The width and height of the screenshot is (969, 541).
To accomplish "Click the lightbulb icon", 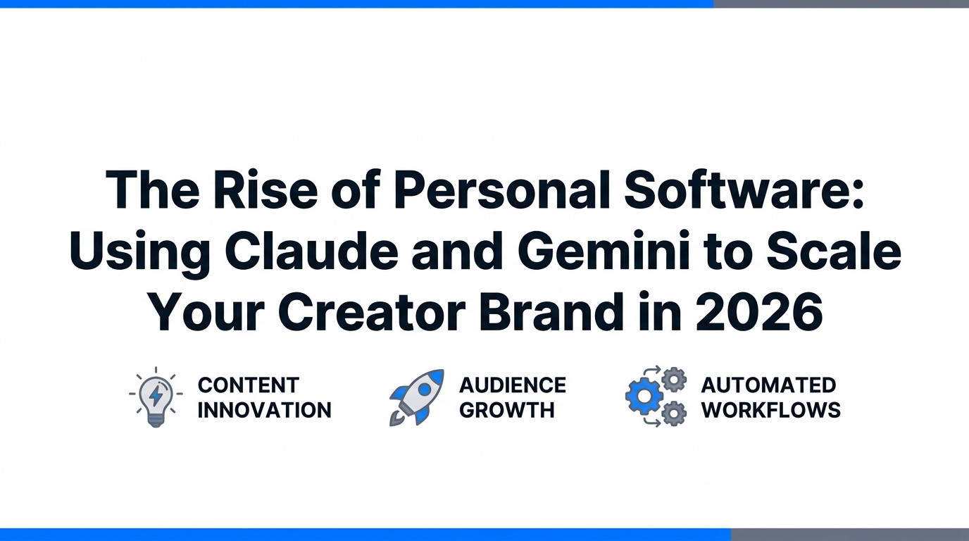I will coord(156,397).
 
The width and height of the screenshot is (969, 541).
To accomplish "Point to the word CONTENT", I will coord(249,385).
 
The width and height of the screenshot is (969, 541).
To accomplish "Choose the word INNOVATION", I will coord(264,410).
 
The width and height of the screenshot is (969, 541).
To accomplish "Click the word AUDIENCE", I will coord(513,385).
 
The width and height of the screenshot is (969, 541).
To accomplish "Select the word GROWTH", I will coord(507,410).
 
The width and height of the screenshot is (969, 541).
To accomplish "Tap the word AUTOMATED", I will coord(768,385).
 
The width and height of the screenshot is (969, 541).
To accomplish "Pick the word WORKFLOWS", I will coord(771,410).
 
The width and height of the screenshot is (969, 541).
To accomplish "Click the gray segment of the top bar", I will coord(841,4).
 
